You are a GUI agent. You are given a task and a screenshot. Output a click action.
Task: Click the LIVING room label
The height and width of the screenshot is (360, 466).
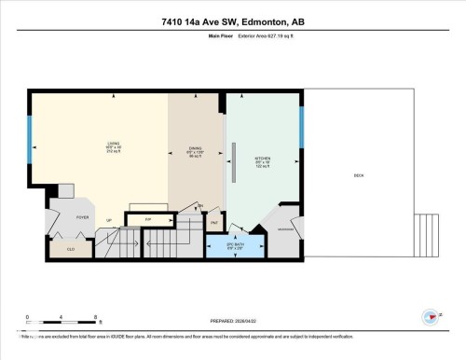[115, 146]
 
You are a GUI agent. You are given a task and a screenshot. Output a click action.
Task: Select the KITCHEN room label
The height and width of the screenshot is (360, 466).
[263, 160]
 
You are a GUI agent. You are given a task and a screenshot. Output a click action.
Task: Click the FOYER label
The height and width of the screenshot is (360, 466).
[69, 215]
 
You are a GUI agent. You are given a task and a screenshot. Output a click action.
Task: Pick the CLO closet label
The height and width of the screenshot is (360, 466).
[70, 248]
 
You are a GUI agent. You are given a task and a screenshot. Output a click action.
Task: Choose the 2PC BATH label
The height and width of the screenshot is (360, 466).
[235, 246]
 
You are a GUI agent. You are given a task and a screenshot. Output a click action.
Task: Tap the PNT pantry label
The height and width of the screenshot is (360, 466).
[213, 223]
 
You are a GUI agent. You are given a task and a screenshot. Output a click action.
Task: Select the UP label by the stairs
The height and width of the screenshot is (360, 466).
[109, 220]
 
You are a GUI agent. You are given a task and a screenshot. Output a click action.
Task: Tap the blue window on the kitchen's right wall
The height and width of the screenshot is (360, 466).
[301, 127]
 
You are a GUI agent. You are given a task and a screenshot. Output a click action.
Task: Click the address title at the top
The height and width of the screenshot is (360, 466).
[233, 21]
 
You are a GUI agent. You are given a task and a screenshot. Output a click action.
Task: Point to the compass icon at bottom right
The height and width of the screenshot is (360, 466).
[430, 317]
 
